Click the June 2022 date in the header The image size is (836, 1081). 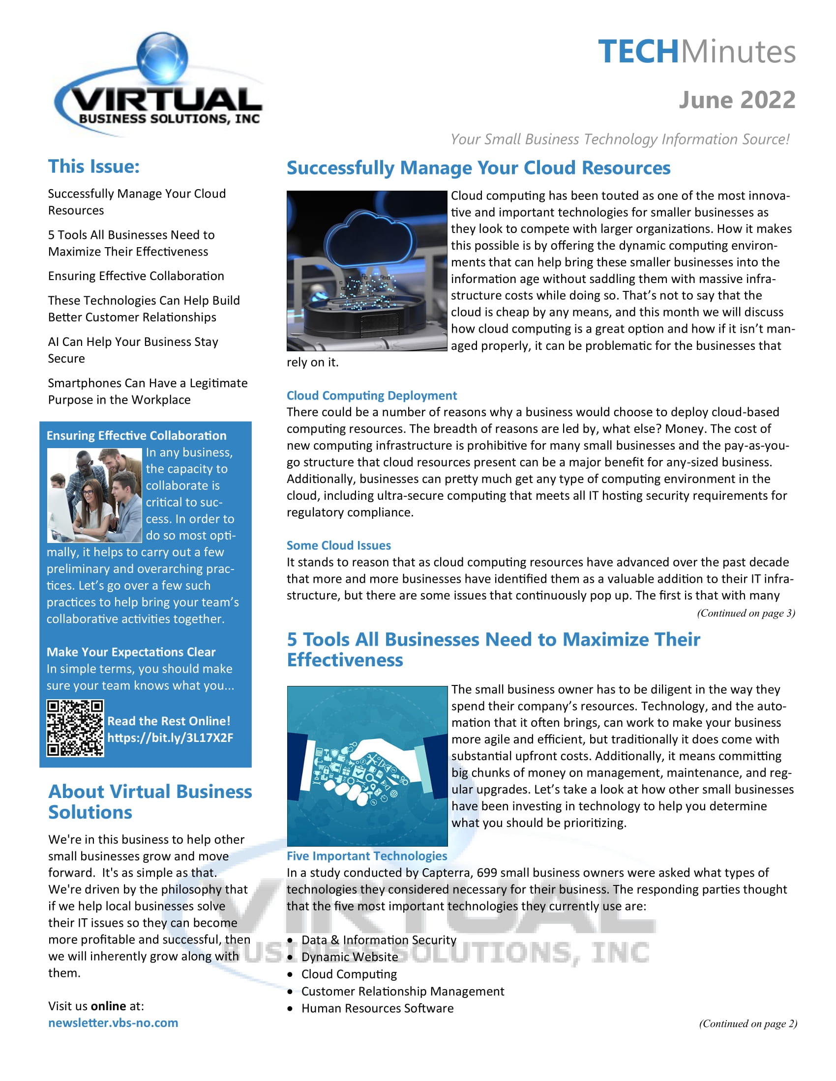click(737, 100)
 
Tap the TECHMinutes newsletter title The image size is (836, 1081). click(696, 52)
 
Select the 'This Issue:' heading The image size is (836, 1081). click(93, 167)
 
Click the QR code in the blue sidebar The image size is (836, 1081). click(75, 728)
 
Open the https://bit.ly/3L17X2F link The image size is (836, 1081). click(170, 738)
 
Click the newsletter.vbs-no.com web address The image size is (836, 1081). click(113, 1023)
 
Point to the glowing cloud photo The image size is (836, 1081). click(366, 271)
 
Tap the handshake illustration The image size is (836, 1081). click(367, 766)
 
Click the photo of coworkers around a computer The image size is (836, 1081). click(94, 495)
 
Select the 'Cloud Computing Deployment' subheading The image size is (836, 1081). click(371, 396)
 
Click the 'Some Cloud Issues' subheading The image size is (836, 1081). click(339, 545)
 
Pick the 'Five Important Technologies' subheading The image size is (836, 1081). click(366, 856)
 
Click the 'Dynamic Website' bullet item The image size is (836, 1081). click(349, 957)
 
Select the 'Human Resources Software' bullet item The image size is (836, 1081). click(377, 1009)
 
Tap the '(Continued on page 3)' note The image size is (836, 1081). click(746, 613)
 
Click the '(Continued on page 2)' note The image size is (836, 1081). click(747, 1024)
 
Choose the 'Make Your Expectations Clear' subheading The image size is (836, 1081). click(131, 652)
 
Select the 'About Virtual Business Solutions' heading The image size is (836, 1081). click(149, 802)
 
